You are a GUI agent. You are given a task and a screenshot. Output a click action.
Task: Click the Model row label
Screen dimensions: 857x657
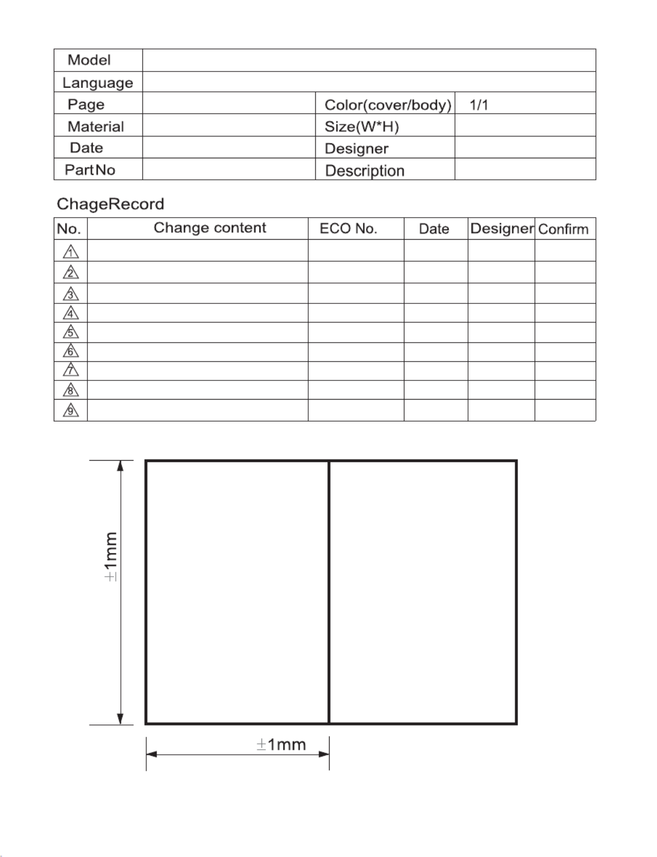pos(89,60)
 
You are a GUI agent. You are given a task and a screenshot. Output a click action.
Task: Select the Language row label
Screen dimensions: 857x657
pos(98,83)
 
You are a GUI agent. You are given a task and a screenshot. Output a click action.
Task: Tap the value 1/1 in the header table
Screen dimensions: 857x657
pos(479,105)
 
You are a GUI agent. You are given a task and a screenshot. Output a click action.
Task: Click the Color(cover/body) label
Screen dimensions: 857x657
pos(388,105)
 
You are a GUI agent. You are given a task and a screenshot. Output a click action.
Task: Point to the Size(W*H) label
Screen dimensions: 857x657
pos(361,127)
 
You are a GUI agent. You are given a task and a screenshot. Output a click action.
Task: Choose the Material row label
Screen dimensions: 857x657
pos(96,127)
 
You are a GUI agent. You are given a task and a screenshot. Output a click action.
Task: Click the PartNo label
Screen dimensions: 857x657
pos(90,170)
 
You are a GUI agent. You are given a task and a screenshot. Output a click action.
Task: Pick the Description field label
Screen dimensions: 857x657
pos(365,171)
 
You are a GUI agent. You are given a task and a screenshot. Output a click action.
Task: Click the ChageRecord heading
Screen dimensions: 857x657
pos(110,204)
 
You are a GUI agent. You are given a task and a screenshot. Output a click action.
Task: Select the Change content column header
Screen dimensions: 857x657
pos(210,228)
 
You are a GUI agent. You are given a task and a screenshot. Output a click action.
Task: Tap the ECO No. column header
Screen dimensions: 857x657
pos(348,229)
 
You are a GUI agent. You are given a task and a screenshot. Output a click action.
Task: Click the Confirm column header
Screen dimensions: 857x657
pos(563,229)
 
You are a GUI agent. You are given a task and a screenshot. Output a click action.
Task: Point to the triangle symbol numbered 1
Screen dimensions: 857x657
pos(71,252)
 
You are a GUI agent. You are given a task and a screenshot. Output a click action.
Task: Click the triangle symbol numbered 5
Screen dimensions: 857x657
pos(71,333)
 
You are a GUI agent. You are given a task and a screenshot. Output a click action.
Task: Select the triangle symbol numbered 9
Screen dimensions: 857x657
pos(71,410)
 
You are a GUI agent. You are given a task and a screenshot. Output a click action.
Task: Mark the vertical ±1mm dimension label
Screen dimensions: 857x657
pos(111,556)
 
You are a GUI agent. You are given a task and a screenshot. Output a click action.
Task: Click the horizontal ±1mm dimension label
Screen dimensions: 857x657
pos(281,745)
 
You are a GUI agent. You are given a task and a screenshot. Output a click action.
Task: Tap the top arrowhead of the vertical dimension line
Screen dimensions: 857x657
pos(120,466)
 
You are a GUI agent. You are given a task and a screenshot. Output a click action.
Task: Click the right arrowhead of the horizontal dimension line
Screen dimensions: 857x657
pos(324,754)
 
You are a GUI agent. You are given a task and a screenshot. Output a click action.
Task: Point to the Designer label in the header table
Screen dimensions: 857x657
pos(357,149)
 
